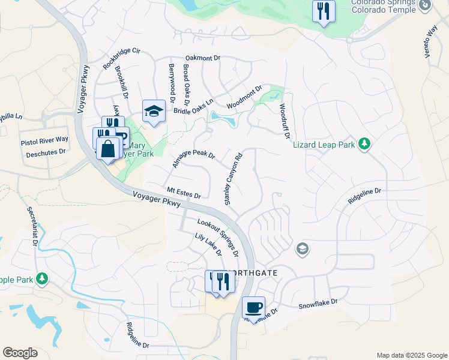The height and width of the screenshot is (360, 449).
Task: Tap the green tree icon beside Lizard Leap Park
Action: (363, 143)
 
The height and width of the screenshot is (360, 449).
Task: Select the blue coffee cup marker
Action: (253, 307)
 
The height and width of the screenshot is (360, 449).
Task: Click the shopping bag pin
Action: (107, 149)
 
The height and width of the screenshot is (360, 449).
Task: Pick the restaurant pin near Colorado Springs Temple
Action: (324, 10)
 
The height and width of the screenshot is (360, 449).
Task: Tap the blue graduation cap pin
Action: (154, 110)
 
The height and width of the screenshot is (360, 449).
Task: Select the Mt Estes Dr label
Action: (184, 192)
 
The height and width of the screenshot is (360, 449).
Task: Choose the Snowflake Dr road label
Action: (318, 304)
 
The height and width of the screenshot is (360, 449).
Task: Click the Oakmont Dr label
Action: (203, 58)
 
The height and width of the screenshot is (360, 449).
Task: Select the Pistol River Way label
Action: (44, 140)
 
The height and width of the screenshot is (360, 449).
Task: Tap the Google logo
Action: (20, 353)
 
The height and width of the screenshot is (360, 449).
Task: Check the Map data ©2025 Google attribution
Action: (411, 355)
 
